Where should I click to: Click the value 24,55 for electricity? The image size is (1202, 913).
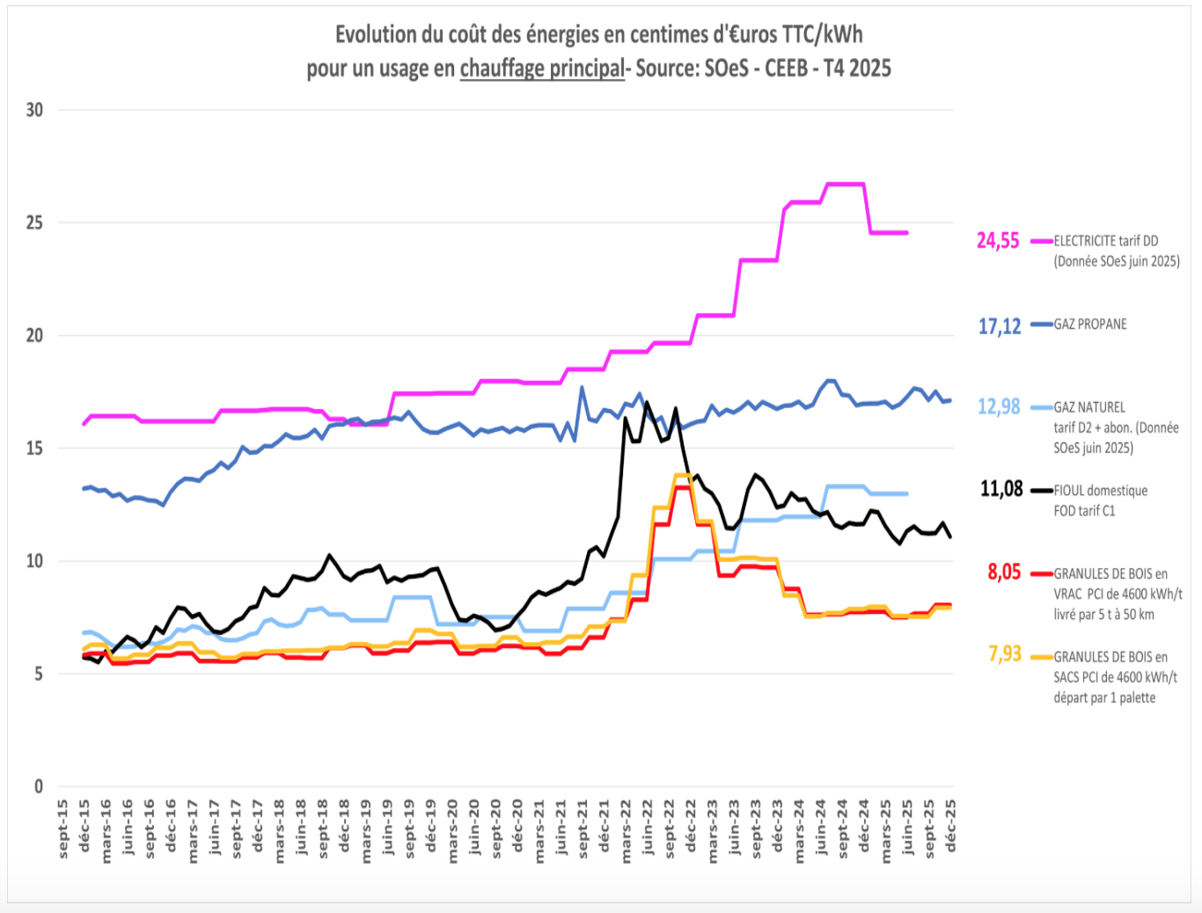tap(998, 240)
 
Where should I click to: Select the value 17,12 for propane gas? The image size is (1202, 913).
tap(1000, 326)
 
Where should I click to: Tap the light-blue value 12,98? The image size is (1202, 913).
tap(999, 406)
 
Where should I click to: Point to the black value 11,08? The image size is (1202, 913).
tap(1001, 489)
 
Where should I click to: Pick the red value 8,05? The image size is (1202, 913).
tap(1004, 572)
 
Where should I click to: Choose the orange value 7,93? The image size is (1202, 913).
tap(1005, 654)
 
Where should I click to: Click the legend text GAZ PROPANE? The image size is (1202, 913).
tap(1090, 325)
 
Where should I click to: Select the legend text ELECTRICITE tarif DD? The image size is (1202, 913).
tap(1106, 241)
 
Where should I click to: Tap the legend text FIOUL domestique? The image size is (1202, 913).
tap(1101, 491)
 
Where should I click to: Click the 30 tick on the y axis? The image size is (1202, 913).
tap(34, 110)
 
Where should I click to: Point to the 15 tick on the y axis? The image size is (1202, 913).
tap(34, 448)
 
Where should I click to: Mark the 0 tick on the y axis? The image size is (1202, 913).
tap(39, 786)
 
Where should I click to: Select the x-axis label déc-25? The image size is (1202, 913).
tap(950, 826)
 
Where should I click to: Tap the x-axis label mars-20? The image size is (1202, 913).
tap(453, 830)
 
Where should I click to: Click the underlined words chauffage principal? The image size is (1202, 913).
tap(542, 68)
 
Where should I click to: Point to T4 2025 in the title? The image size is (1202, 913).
tap(856, 68)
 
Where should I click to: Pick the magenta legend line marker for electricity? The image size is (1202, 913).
tap(1041, 241)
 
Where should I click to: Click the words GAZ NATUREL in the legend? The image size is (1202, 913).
tap(1089, 407)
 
